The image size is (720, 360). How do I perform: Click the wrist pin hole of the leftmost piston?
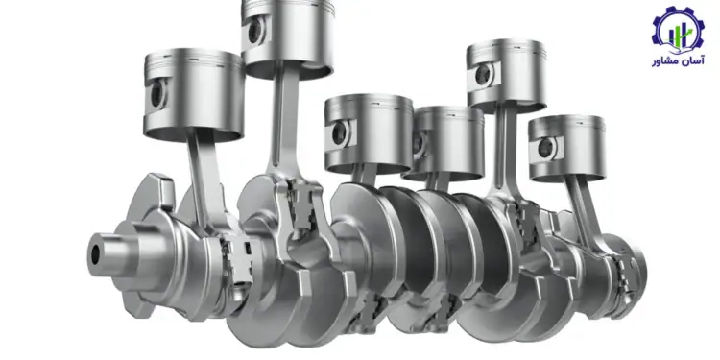pyautogui.click(x=157, y=94)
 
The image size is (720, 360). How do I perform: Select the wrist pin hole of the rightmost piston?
pyautogui.click(x=546, y=148)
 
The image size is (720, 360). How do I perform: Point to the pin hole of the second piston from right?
pyautogui.click(x=483, y=75)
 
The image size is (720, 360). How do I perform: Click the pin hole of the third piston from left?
pyautogui.click(x=340, y=133)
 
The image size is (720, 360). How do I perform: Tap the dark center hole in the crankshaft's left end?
pyautogui.click(x=95, y=254)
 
